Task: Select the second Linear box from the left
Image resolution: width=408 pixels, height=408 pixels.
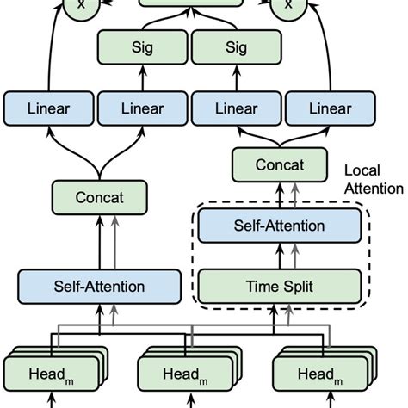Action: tap(141, 109)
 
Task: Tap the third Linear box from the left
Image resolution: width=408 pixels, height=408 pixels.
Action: tap(233, 109)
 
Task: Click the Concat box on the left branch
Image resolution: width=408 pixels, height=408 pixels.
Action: tap(99, 197)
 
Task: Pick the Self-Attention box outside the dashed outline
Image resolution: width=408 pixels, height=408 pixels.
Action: tap(99, 285)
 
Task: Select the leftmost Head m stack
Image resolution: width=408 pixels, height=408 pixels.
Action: tap(51, 374)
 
